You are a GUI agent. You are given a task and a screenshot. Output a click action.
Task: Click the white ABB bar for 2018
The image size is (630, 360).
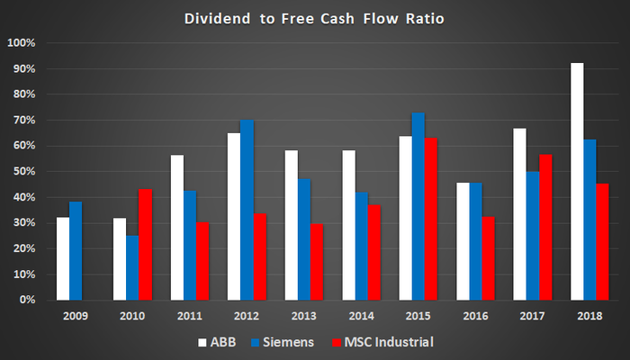pyautogui.click(x=577, y=181)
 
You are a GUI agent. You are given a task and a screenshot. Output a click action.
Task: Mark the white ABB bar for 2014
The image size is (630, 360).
pyautogui.click(x=348, y=225)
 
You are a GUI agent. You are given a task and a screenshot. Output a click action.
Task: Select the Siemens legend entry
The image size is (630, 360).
pyautogui.click(x=283, y=343)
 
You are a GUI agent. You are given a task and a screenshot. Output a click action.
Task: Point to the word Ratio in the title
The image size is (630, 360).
pyautogui.click(x=422, y=18)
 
